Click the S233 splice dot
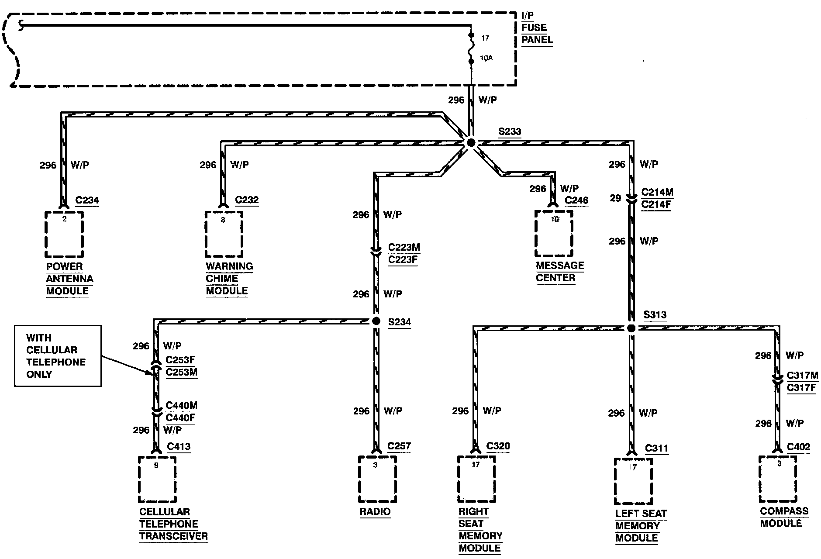point(471,143)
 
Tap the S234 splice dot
point(376,321)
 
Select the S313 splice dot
point(631,328)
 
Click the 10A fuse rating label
point(487,58)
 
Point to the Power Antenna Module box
point(64,235)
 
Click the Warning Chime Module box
point(224,235)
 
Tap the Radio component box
point(377,479)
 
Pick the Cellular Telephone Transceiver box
point(157,480)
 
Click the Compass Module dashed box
point(778,479)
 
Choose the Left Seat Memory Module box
point(633,481)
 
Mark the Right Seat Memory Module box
point(476,479)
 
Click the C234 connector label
point(87,200)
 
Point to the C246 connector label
point(576,200)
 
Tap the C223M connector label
point(404,248)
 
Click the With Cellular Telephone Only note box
point(58,356)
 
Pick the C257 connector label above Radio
point(399,446)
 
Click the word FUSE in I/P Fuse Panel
point(534,28)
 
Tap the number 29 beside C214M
point(615,198)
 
